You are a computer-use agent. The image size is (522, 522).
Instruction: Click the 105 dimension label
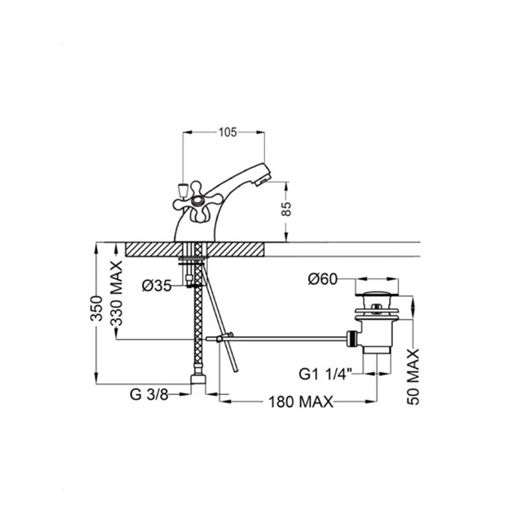coord(228,133)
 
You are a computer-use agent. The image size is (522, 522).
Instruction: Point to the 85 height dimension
coord(286,209)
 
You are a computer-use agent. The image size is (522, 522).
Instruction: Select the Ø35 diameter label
coord(157,286)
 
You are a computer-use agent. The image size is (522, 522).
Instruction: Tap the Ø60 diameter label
coord(323,279)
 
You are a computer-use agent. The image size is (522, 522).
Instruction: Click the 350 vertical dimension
coord(97,309)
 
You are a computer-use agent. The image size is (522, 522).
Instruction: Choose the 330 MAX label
coord(116,293)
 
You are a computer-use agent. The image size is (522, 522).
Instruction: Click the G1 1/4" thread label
coord(325,374)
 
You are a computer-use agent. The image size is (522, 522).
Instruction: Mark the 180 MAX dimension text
coord(301,402)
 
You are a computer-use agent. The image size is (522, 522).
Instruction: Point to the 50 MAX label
coord(413,376)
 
